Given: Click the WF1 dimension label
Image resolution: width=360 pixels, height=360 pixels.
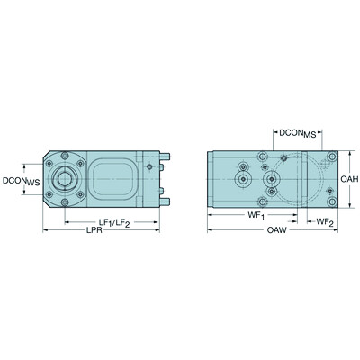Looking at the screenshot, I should pyautogui.click(x=256, y=217).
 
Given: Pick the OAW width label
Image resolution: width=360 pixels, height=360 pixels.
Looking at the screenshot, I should pyautogui.click(x=277, y=232).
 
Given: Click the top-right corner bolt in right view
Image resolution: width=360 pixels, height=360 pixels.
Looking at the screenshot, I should pyautogui.click(x=283, y=158).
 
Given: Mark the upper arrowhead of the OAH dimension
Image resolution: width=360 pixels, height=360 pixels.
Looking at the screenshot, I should pyautogui.click(x=337, y=153).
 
